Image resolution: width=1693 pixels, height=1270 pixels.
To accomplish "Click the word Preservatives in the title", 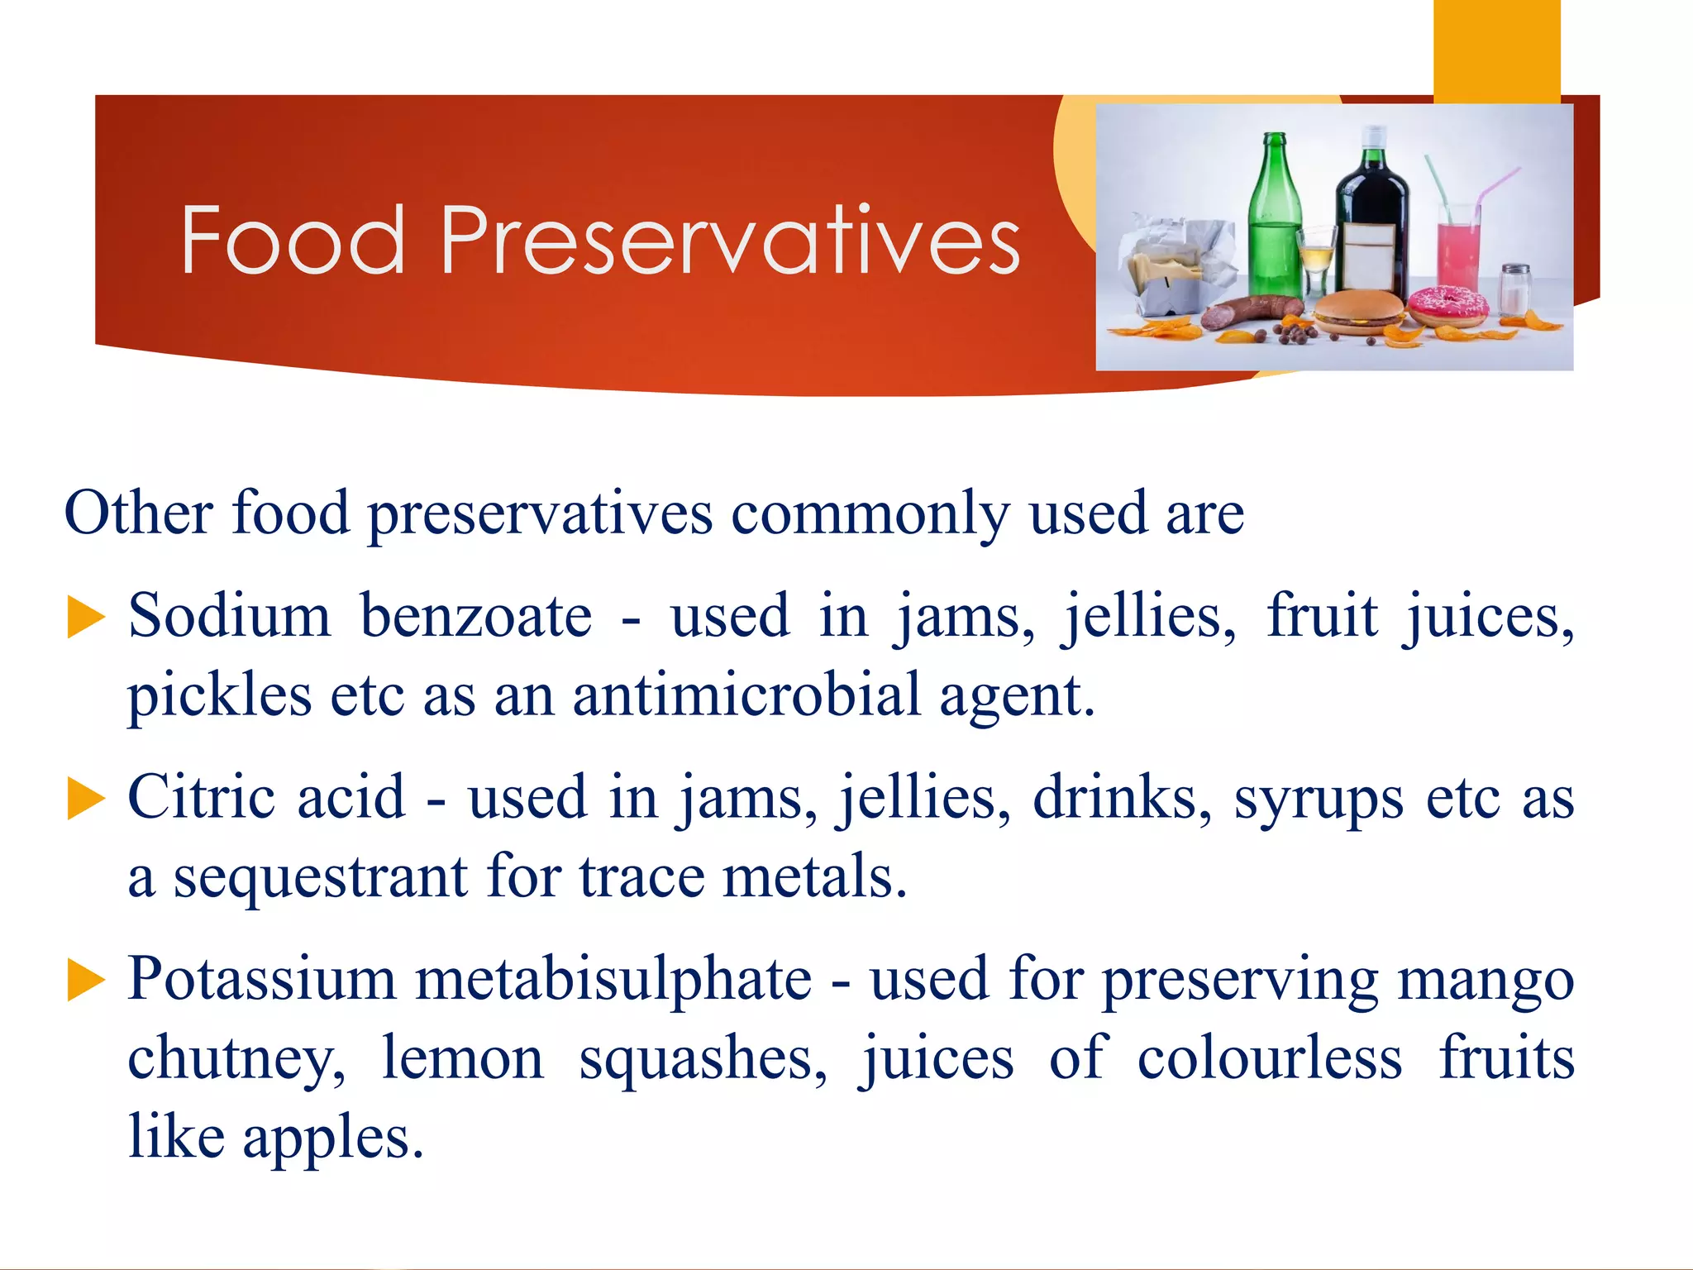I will (731, 241).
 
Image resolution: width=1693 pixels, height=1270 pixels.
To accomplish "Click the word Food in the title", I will (293, 241).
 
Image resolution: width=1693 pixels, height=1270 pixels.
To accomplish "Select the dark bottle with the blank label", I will (1372, 219).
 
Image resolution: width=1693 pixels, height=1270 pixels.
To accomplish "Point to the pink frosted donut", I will (1447, 305).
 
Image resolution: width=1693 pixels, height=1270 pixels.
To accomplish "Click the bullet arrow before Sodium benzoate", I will (86, 618).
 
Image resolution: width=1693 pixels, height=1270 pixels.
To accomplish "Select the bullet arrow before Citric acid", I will (86, 800).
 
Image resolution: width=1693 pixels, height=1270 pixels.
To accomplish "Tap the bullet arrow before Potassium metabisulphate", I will (86, 981).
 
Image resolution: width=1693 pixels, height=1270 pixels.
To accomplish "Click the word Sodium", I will (229, 616).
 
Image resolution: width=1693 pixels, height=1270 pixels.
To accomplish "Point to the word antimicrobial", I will (746, 695).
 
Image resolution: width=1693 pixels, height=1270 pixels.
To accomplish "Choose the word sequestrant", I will (320, 876).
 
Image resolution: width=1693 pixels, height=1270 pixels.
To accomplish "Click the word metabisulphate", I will (613, 979).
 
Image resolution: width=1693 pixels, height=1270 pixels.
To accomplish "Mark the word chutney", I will (236, 1058).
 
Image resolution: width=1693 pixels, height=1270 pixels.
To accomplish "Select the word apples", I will (332, 1138).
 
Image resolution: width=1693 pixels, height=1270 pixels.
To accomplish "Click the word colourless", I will (1270, 1058).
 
